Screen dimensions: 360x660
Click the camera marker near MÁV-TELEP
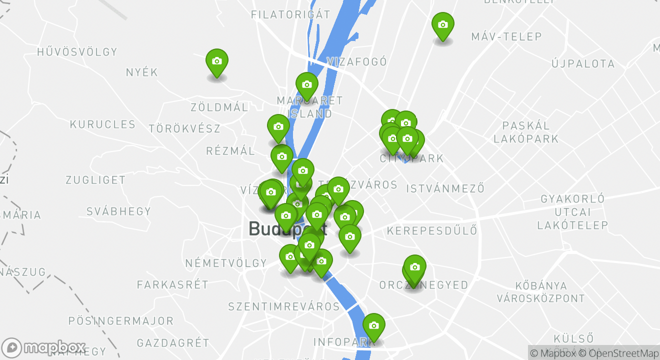point(442,25)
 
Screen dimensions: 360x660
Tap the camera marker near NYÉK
point(217,61)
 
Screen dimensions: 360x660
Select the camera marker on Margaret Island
point(306,85)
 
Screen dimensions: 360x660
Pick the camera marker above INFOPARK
point(373,326)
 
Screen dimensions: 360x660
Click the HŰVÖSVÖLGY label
point(77,52)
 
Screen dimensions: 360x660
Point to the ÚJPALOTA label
point(583,64)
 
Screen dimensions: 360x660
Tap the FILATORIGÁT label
point(290,14)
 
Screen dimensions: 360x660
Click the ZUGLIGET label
point(95,180)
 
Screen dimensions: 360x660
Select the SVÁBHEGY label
point(119,211)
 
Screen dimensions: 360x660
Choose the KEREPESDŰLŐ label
point(432,231)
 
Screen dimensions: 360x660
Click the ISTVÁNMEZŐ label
point(445,189)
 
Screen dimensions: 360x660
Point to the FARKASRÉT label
point(172,285)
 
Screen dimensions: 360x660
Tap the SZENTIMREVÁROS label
point(284,306)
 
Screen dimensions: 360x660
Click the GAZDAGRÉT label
point(173,343)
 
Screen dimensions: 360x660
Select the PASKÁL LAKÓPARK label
point(526,132)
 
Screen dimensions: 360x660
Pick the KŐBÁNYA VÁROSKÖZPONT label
point(540,292)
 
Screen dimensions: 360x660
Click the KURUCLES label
point(102,124)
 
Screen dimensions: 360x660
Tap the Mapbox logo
point(44,347)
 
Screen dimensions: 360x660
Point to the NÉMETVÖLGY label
point(226,263)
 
